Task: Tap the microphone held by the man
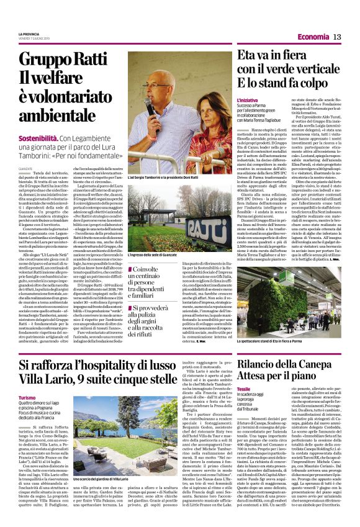(x=150, y=106)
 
